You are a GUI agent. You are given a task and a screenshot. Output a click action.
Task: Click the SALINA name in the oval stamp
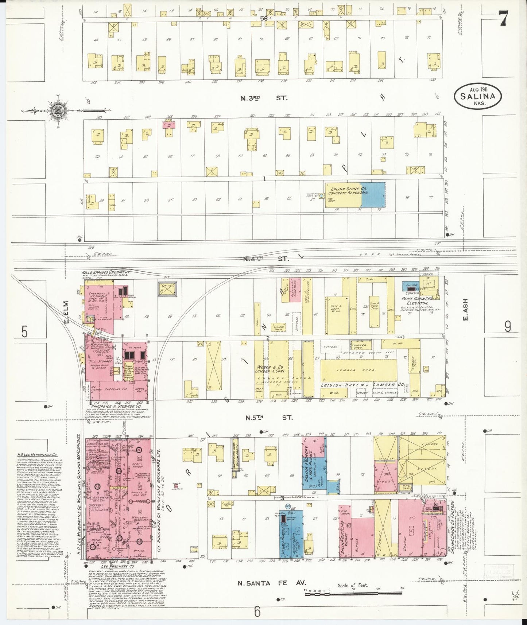[x=477, y=97]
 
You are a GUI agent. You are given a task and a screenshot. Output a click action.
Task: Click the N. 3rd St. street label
[x=264, y=98]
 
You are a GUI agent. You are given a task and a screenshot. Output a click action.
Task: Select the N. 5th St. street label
[x=269, y=417]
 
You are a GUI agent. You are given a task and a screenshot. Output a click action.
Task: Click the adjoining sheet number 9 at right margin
[x=507, y=327]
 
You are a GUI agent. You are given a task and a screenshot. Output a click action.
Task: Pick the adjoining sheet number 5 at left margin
[x=25, y=332]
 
